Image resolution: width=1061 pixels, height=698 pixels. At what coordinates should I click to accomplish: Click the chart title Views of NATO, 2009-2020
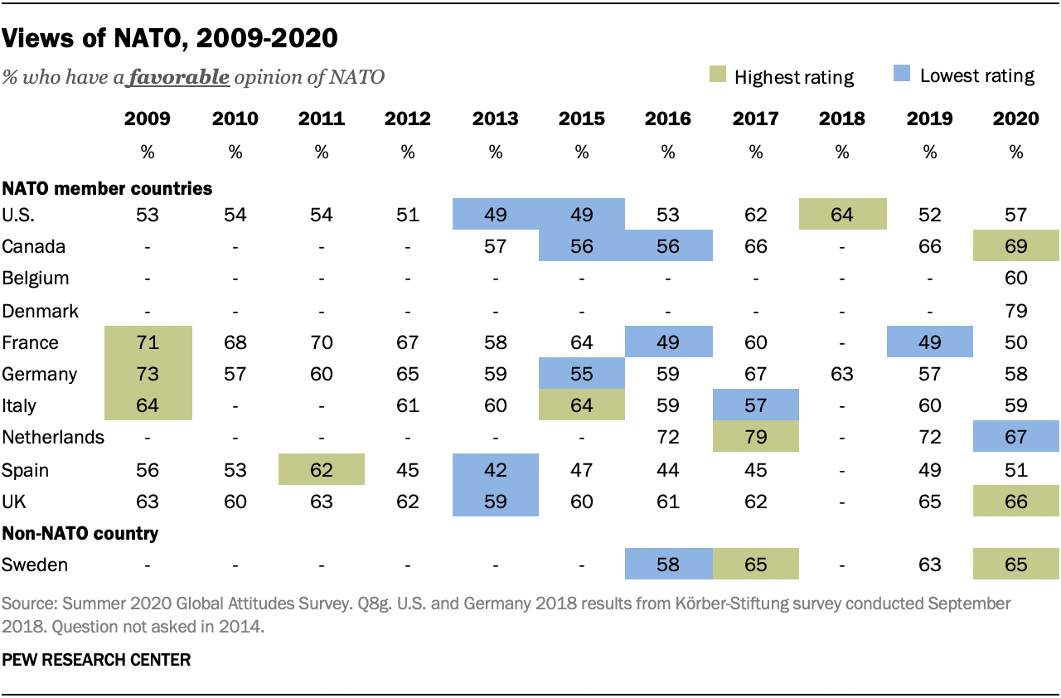(x=170, y=37)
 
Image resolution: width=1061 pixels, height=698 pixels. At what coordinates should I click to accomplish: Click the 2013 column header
(x=495, y=119)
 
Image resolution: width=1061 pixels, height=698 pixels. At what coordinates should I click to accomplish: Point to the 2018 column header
(x=842, y=119)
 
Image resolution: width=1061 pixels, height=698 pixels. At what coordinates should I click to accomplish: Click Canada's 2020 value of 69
(x=1015, y=247)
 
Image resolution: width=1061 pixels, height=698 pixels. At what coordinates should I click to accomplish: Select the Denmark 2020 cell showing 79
(x=1015, y=311)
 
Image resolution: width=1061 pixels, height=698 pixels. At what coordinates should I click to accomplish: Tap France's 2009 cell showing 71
(x=148, y=342)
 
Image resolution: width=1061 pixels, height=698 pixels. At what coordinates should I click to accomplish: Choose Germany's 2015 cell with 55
(x=581, y=374)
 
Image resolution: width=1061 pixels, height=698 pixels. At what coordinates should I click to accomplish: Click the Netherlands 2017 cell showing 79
(x=755, y=437)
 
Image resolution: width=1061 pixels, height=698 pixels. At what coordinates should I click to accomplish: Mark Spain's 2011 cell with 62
(x=321, y=470)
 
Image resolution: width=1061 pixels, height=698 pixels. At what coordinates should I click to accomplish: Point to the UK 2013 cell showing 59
(x=495, y=502)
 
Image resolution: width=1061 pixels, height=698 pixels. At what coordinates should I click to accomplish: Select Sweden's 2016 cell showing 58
(x=668, y=565)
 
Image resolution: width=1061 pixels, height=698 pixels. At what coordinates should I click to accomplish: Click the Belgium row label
(x=36, y=279)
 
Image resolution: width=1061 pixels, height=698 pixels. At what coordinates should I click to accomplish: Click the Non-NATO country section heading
(x=80, y=534)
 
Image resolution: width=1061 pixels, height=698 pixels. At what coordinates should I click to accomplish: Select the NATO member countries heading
(x=107, y=188)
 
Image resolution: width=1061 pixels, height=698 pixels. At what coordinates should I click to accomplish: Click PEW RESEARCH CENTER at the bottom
(x=96, y=660)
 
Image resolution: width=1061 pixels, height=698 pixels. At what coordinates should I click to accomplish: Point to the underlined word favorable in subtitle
(x=178, y=78)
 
